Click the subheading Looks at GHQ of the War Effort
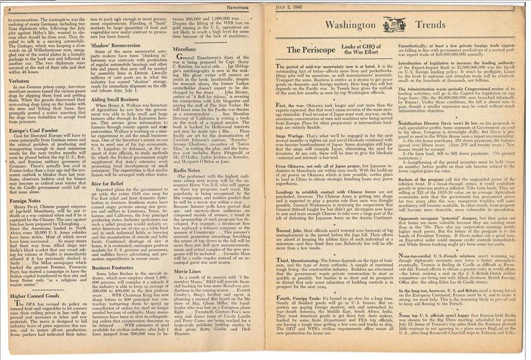coord(362,49)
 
